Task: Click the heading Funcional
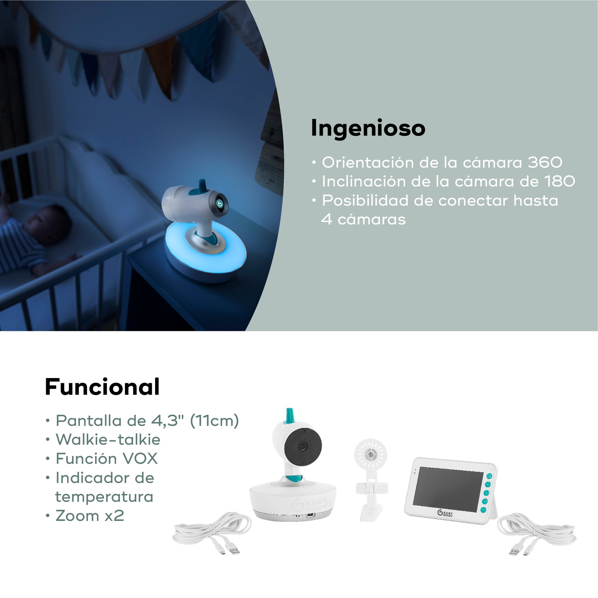coord(102,387)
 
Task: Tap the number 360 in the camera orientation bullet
coord(545,162)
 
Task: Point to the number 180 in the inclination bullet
coord(559,181)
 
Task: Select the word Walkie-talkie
coord(108,440)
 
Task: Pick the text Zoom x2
coord(90,516)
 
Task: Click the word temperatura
coord(104,497)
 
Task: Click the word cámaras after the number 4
coord(372,220)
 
